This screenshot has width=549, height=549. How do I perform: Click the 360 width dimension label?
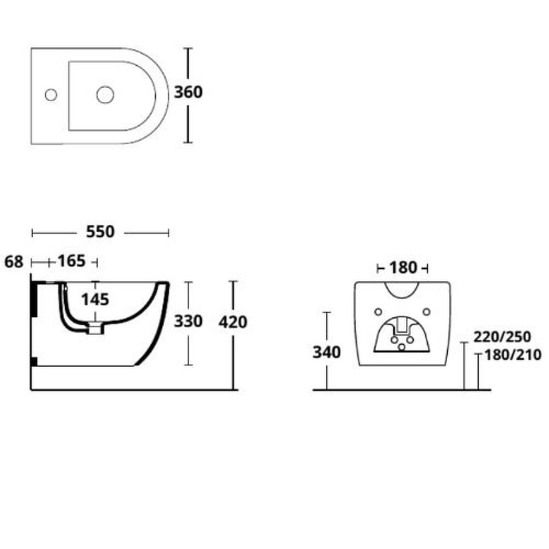188,92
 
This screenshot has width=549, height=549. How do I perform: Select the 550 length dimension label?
100,232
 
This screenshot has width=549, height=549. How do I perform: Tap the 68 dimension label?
14,262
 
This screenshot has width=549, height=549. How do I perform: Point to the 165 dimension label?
71,261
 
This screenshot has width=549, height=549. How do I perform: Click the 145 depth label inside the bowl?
96,300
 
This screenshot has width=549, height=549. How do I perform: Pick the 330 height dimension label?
188,321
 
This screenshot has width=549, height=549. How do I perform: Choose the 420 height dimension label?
233,322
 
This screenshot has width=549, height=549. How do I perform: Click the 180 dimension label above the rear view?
403,268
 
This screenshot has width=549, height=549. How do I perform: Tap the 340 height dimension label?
327,353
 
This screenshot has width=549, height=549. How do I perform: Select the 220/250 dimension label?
502,337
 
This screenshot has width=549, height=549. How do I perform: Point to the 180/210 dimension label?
513,355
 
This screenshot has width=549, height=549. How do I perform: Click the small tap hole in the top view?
51,95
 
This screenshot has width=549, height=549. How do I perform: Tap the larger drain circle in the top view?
105,95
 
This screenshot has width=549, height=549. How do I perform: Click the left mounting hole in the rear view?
378,312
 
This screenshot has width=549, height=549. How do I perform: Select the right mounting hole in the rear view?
427,312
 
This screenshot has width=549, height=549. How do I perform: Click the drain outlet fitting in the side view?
96,328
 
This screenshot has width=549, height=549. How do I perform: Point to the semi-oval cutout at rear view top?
402,290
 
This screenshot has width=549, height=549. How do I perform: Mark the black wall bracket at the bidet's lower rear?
34,361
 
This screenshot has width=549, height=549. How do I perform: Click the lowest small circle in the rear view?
401,347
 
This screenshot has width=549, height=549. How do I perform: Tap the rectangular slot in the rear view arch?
402,325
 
